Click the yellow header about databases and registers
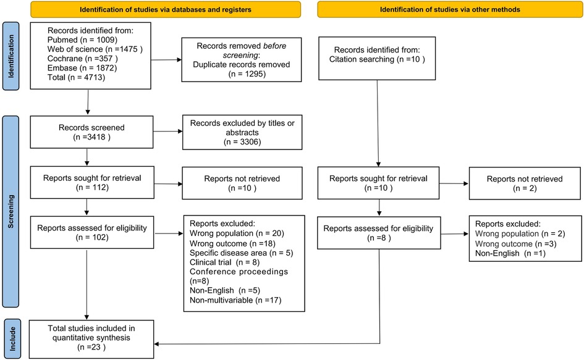tap(166, 9)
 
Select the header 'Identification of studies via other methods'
tap(450, 9)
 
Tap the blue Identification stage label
tap(11, 56)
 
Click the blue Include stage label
tap(12, 339)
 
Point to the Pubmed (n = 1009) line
tap(82, 40)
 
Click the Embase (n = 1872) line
tap(82, 68)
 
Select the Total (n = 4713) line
tap(77, 77)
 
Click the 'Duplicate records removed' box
tap(242, 59)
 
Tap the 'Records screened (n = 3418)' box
tap(91, 132)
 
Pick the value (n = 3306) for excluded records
tap(242, 142)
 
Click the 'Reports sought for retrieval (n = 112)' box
tap(92, 182)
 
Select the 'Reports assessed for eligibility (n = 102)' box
tap(92, 232)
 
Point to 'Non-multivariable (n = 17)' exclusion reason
tap(235, 300)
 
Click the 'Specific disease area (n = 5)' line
tap(242, 253)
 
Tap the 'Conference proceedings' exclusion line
tap(239, 272)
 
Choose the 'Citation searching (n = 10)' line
tap(377, 59)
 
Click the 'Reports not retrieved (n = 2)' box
tap(525, 183)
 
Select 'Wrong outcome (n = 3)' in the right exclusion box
tap(516, 244)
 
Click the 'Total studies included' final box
tap(91, 339)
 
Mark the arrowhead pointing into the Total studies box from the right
tap(157, 344)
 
